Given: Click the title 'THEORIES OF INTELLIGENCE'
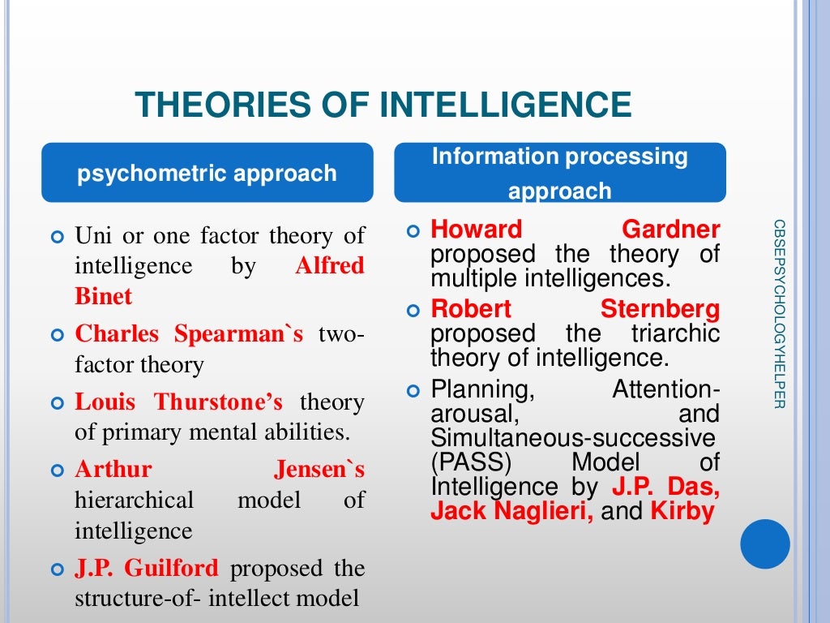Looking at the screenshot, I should point(383,105).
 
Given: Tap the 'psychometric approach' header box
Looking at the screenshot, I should point(207,173).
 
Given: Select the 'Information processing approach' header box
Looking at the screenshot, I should point(559,173).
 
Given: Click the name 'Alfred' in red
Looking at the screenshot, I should point(330,266).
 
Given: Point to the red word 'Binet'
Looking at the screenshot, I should point(103,296).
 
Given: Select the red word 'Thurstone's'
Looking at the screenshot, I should point(219,402).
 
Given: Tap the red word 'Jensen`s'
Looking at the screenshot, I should point(319,469).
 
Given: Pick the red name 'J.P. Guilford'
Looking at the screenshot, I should point(146,568).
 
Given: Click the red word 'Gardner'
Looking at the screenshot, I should point(671,230).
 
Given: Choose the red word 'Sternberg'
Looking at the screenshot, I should point(660,309).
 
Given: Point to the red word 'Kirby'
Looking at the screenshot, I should point(682,512).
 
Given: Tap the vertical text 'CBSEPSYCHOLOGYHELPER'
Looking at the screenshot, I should point(779,313).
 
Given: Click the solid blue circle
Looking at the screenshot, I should point(764,543).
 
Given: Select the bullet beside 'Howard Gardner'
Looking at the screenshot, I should point(413,231).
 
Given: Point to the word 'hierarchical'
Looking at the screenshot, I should point(135,500).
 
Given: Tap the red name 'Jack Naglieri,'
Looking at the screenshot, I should point(511,512).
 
